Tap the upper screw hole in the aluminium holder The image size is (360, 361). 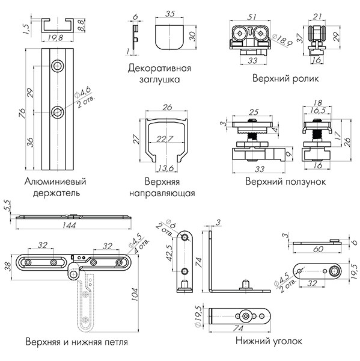tap(58, 65)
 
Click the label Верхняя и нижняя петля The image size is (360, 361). tap(76, 342)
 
